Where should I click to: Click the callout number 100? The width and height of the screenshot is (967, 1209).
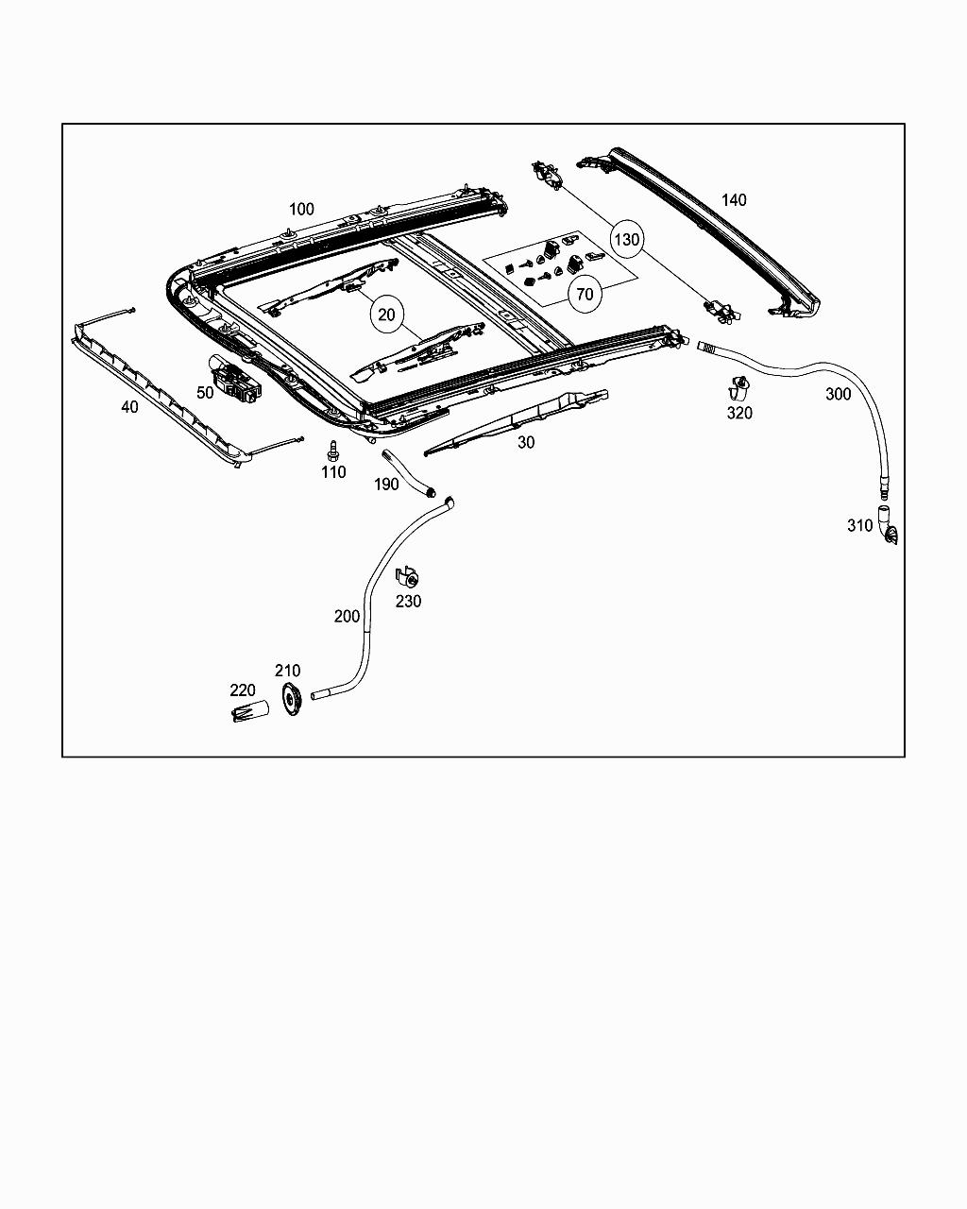(x=301, y=209)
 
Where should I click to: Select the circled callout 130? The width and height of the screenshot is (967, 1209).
(x=627, y=239)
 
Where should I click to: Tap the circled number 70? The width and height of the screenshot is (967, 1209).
(x=585, y=294)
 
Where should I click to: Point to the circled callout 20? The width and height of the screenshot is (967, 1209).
(x=386, y=314)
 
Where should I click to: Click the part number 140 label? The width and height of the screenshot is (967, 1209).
(x=734, y=199)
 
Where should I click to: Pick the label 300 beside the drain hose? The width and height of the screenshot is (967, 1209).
(x=838, y=394)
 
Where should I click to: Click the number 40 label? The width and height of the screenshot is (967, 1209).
(x=129, y=407)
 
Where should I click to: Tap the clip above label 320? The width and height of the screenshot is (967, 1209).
(x=738, y=387)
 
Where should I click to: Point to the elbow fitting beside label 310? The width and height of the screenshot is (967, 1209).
(x=887, y=526)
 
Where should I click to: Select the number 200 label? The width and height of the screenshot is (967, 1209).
(x=347, y=616)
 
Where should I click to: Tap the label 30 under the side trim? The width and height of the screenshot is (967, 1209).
(x=526, y=442)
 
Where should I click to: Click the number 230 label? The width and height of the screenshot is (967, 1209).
(x=408, y=601)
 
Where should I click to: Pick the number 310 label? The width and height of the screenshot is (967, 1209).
(x=859, y=525)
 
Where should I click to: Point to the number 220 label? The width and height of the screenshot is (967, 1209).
(x=243, y=690)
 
